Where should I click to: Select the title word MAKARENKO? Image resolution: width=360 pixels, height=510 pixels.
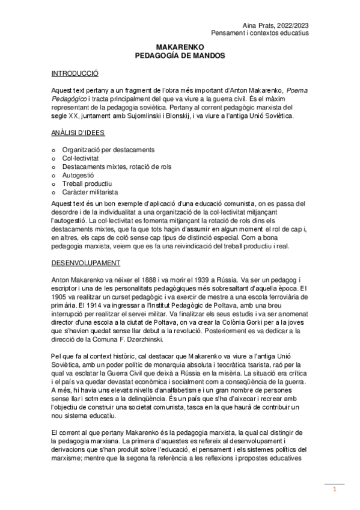tap(180, 46)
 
